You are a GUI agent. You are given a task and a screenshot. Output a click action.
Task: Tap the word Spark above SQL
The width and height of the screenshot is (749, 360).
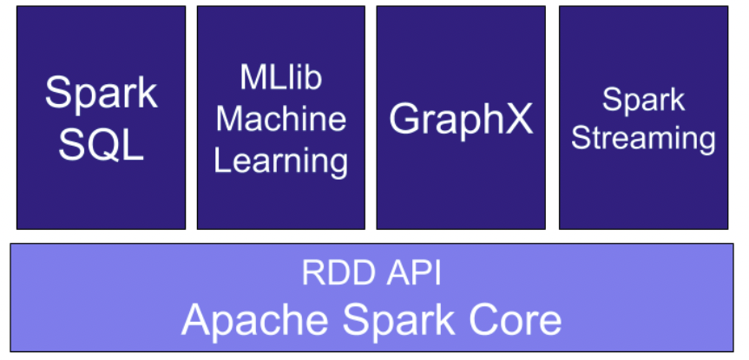(102, 93)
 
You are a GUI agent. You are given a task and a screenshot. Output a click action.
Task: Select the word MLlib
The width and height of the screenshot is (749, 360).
(280, 77)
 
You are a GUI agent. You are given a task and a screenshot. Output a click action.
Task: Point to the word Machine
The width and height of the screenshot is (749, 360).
(280, 119)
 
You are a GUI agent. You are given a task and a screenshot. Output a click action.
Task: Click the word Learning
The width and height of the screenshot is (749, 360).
(280, 160)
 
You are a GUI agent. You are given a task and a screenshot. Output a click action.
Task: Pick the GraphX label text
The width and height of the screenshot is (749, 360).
(461, 119)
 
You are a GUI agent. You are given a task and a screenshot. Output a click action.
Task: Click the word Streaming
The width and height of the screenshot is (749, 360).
(643, 139)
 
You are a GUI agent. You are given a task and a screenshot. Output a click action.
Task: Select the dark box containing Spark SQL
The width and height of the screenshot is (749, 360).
(102, 200)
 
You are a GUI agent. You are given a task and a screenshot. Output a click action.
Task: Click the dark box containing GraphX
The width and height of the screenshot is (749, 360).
(461, 191)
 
